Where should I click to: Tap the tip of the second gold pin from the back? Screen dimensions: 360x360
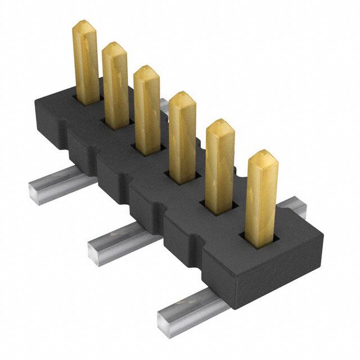115,47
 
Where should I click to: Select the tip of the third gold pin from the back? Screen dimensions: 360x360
147,70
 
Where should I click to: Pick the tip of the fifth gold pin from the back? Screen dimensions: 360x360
220,125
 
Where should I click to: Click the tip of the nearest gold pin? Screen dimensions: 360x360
262,156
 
